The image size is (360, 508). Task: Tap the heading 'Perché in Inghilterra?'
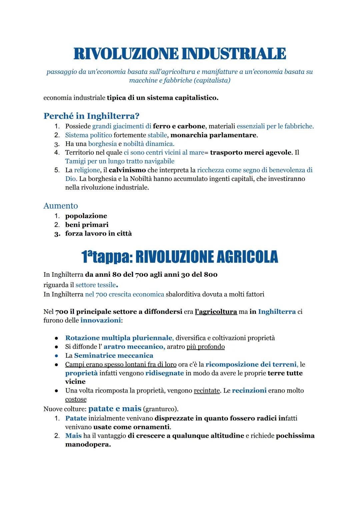tap(91, 116)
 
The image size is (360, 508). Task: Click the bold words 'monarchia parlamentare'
tap(213, 135)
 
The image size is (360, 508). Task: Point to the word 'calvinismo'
tap(127, 170)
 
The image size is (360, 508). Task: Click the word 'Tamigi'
tap(75, 161)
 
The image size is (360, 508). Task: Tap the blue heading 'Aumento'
tap(61, 206)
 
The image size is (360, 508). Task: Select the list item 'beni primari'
tap(87, 225)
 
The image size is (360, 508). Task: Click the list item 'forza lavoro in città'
tap(98, 233)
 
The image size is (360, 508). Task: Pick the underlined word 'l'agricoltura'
tap(216, 312)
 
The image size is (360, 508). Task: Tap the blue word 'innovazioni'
tap(100, 320)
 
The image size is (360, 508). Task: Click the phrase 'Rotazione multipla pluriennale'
tap(119, 338)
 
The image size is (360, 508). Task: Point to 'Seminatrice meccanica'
tap(114, 355)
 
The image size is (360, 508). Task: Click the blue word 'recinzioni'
tap(249, 390)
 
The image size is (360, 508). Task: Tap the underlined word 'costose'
tap(76, 399)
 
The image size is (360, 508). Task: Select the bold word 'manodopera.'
tap(88, 444)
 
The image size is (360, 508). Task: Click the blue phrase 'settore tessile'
tap(96, 285)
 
